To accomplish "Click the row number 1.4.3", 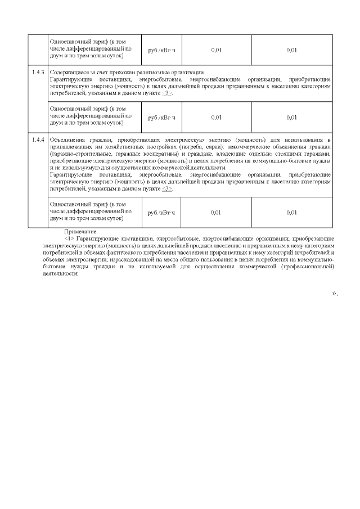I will [39, 73].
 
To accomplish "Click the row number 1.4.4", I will [39, 139].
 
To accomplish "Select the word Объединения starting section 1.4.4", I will [66, 139].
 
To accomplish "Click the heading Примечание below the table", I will [81, 232].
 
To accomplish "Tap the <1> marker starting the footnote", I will [70, 239].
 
